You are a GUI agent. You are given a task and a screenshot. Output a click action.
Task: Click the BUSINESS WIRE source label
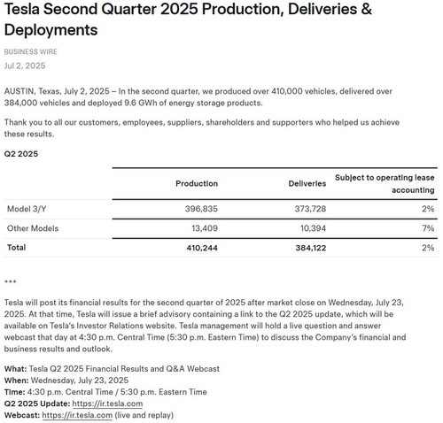coord(31,51)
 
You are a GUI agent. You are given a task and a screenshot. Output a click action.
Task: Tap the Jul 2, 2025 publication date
coord(25,65)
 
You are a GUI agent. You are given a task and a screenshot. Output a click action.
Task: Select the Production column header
coord(197,183)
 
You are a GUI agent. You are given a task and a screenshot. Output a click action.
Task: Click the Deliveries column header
coord(307,183)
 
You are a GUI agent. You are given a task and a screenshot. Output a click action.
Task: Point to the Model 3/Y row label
coord(27,209)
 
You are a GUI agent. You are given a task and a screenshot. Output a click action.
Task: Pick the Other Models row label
coord(33,228)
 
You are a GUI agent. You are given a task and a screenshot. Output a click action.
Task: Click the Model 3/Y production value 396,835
coord(201,209)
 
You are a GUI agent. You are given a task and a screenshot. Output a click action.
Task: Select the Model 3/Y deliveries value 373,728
coord(310,209)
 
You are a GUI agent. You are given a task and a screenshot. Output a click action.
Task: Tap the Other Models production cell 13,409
coord(205,228)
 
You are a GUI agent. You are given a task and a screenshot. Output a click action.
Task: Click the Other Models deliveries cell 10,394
coord(314,228)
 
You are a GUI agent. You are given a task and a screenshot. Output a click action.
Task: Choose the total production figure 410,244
coord(202,248)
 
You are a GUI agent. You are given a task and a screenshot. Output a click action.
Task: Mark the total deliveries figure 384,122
coord(311,248)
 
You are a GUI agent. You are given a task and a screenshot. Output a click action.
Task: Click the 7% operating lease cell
coord(428,228)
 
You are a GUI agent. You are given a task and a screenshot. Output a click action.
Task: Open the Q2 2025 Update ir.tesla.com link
coord(107,404)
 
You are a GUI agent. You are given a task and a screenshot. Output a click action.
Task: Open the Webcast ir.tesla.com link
coord(77,415)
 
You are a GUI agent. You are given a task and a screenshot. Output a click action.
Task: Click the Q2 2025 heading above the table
coord(21,154)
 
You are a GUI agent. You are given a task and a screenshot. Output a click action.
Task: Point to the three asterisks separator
coord(11,281)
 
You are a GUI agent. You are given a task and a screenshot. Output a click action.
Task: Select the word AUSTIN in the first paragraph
coord(19,91)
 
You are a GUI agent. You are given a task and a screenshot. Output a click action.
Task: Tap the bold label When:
coord(17,381)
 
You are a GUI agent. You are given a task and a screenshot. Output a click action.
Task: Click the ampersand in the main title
coord(366,9)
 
